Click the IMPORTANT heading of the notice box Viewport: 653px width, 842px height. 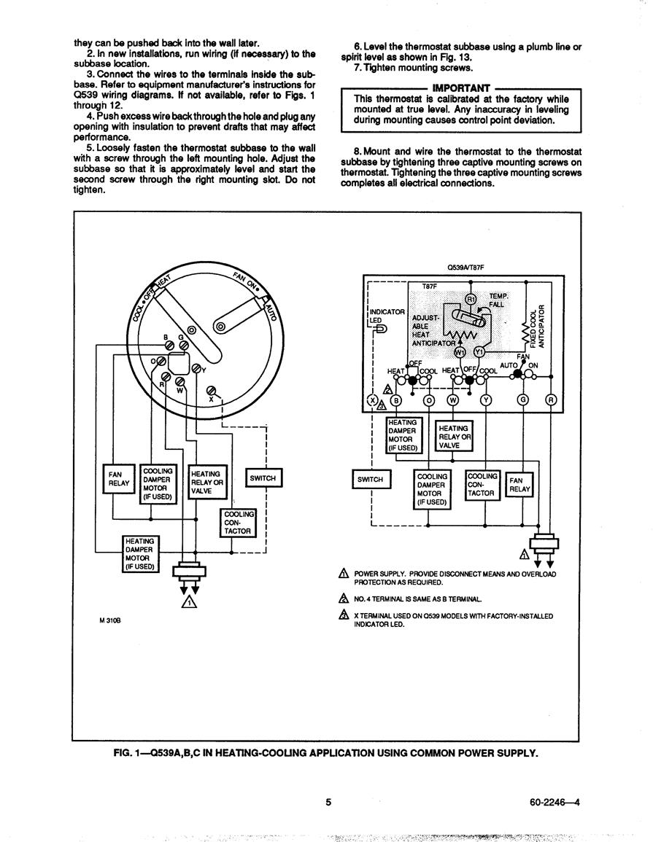[461, 88]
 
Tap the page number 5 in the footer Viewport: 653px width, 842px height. [328, 802]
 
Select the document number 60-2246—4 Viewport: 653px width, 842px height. [554, 803]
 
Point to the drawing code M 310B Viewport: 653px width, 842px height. [110, 620]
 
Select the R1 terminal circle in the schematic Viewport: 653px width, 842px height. [471, 299]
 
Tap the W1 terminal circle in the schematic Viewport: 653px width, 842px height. [460, 352]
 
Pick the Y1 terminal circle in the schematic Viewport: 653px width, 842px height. [479, 352]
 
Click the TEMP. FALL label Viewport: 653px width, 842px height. [498, 300]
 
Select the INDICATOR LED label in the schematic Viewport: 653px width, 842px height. [387, 316]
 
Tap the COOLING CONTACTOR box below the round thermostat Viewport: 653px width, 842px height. [238, 523]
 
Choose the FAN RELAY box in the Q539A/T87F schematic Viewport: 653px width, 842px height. [519, 485]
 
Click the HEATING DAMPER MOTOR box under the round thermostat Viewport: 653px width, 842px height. [140, 553]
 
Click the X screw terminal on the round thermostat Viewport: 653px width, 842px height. [212, 390]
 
